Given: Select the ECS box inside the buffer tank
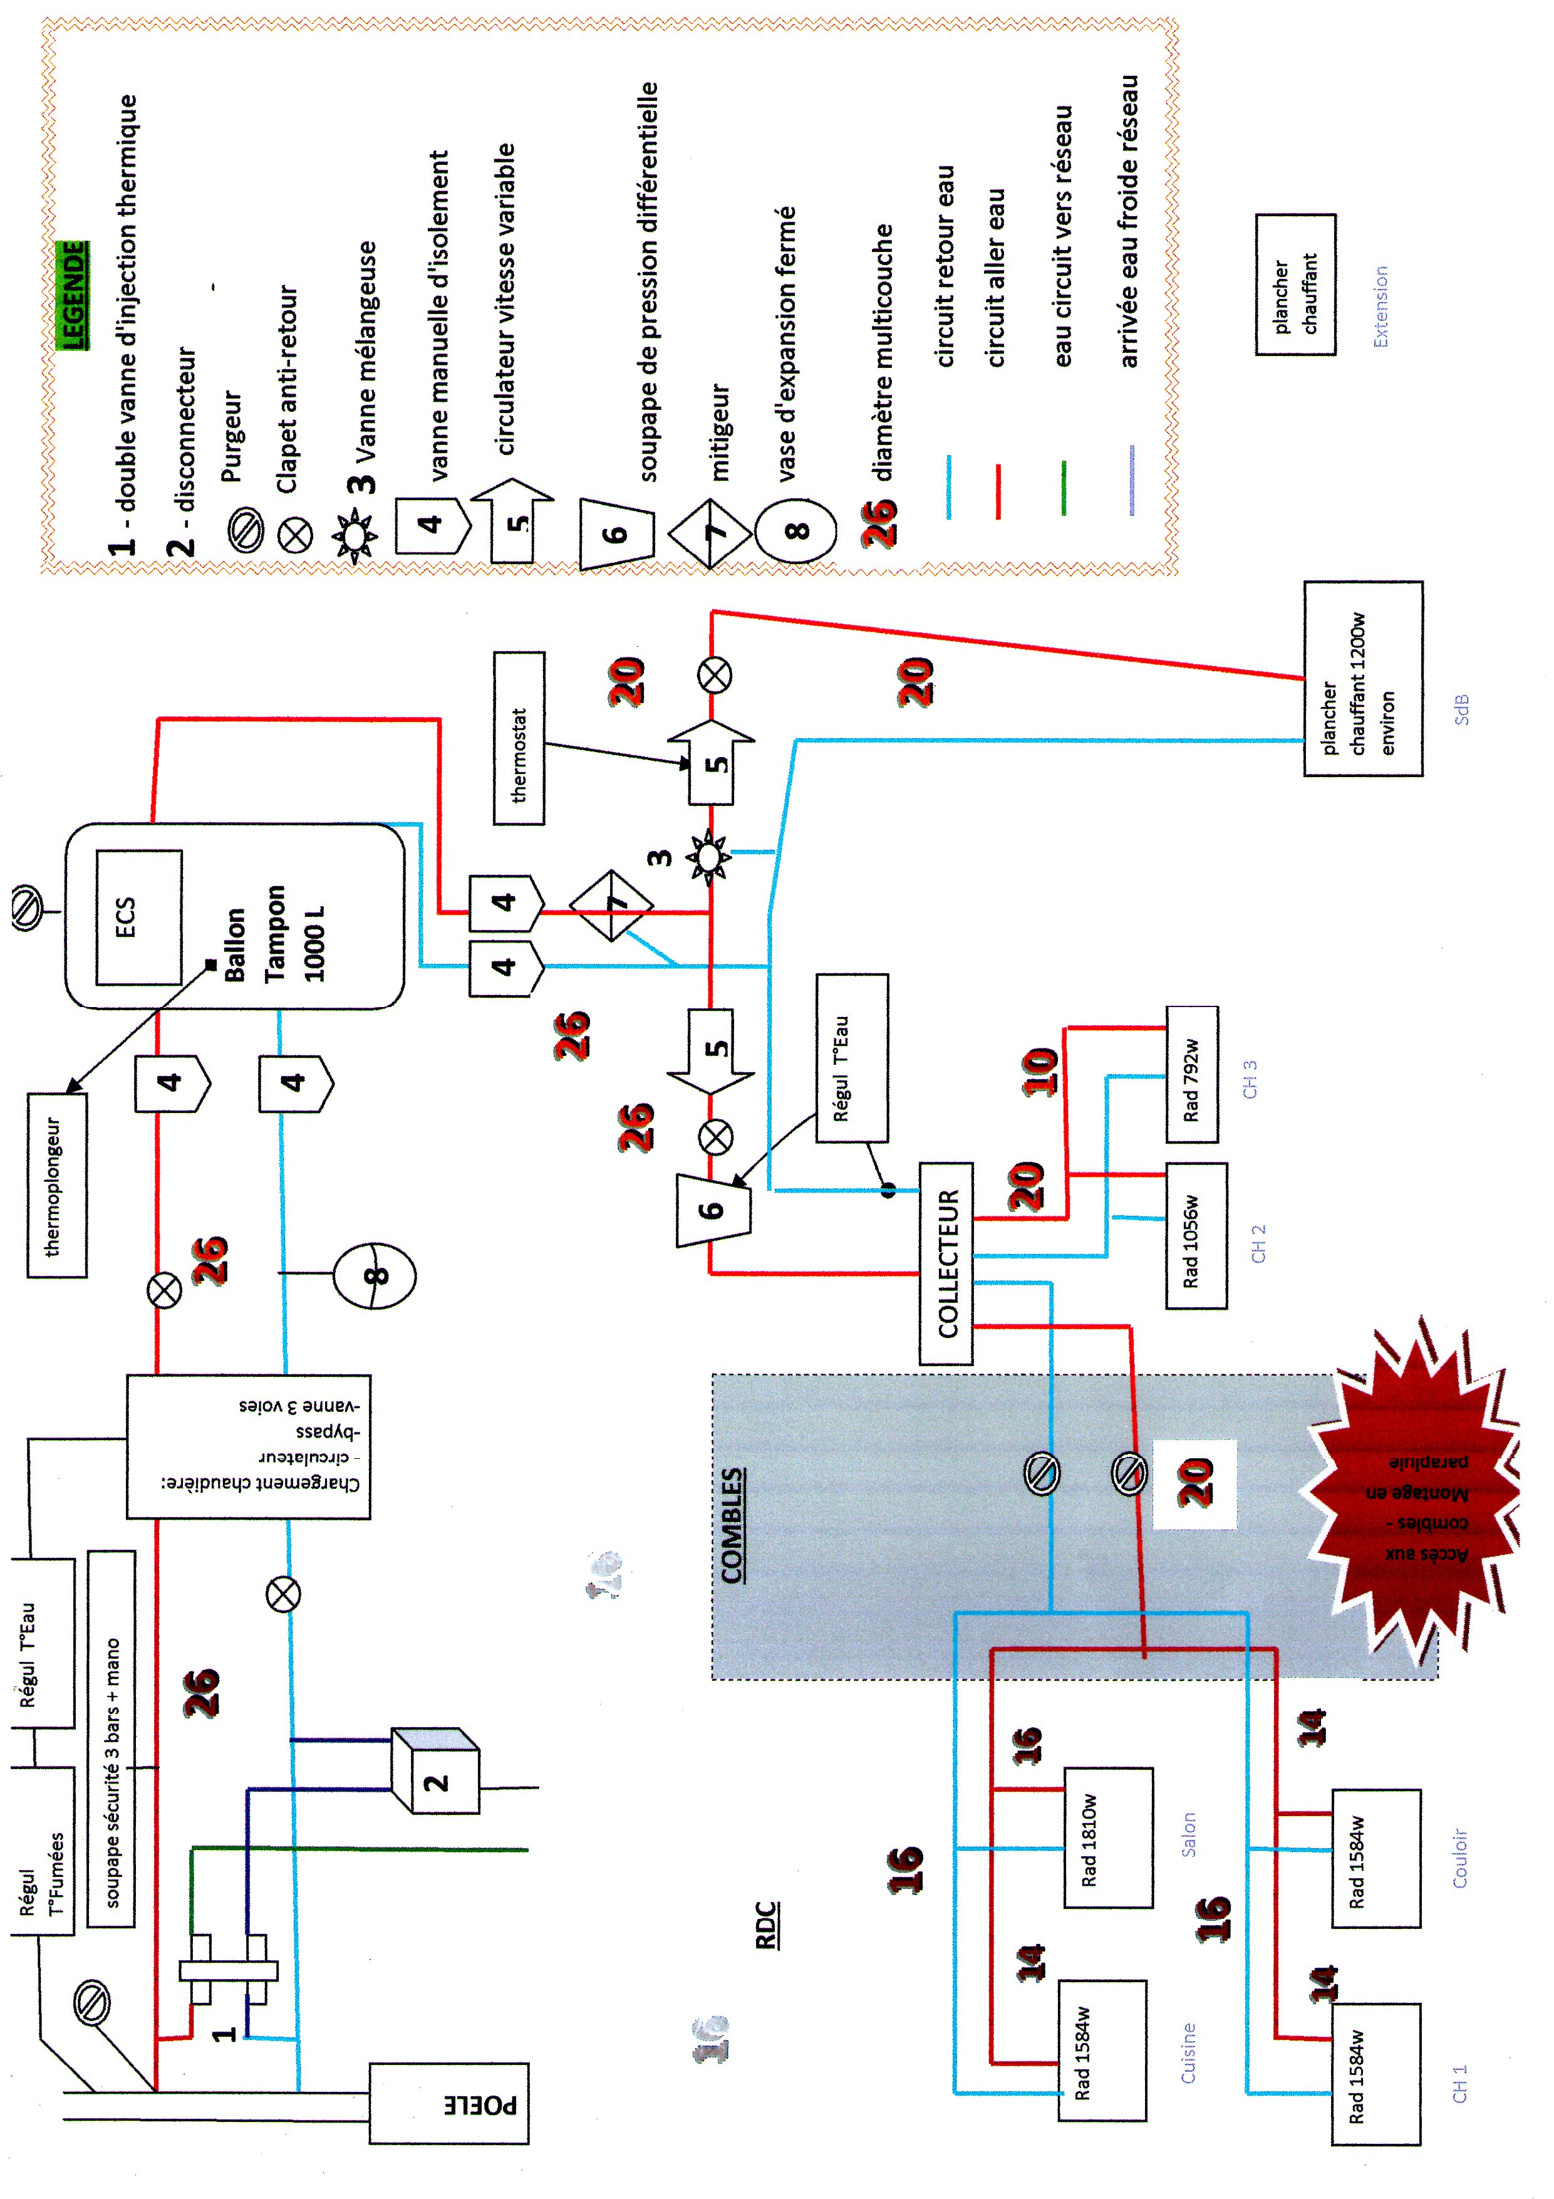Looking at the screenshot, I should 139,917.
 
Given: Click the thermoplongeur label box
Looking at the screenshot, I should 56,1185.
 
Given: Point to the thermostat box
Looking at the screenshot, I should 519,738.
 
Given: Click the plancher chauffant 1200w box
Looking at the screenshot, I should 1362,678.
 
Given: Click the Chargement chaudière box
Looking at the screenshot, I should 249,1446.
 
